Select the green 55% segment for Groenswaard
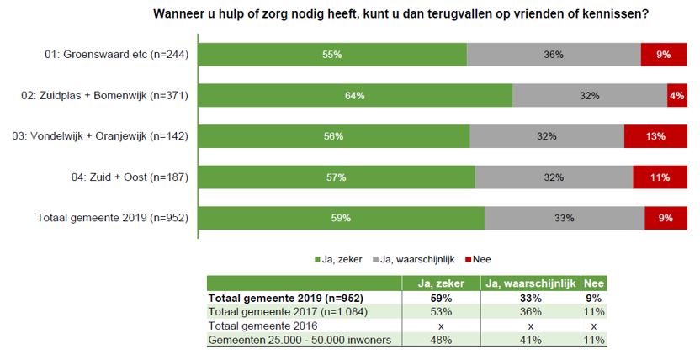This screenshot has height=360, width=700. [x=331, y=55]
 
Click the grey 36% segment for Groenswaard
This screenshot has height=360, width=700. [x=554, y=55]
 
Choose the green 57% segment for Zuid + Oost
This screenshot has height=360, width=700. [x=337, y=177]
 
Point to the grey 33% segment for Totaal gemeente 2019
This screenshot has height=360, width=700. [x=565, y=218]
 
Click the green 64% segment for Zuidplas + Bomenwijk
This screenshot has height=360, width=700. [x=354, y=95]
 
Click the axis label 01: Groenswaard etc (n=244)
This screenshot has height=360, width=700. [x=115, y=55]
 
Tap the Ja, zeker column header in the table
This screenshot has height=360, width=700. [x=440, y=284]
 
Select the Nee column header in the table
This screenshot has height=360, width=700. [x=594, y=284]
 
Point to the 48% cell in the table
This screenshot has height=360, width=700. [x=440, y=340]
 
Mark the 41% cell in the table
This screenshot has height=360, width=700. [x=530, y=340]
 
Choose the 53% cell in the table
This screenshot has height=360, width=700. [x=440, y=311]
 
